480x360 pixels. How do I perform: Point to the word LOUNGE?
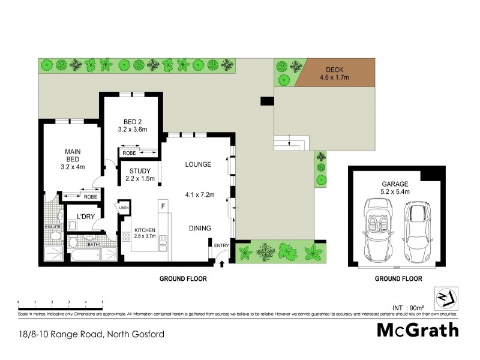click(x=197, y=164)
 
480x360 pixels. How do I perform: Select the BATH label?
click(x=92, y=245)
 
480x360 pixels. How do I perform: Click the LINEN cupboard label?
click(x=124, y=208)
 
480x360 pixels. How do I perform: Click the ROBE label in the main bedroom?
click(x=91, y=196)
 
